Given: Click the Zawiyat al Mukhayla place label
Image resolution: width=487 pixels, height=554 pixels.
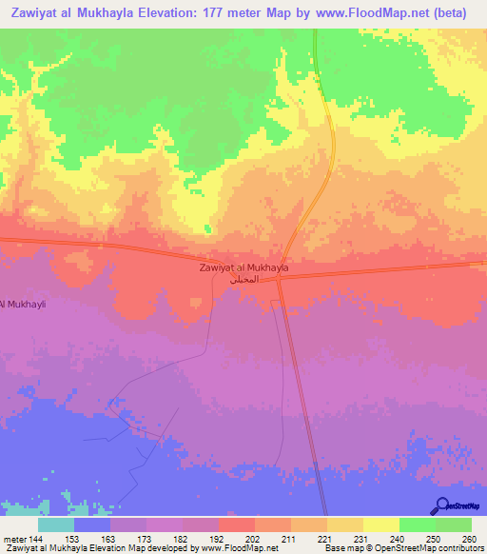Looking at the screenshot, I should pyautogui.click(x=244, y=268).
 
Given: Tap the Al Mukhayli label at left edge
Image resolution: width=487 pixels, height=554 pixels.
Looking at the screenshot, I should pyautogui.click(x=25, y=304).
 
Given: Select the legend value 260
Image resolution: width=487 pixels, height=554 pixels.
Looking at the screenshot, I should pyautogui.click(x=468, y=539).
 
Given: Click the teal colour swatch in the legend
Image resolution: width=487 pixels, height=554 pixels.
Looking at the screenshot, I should pyautogui.click(x=56, y=524).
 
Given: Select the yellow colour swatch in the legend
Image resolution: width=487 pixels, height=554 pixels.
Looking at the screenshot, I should pyautogui.click(x=380, y=524).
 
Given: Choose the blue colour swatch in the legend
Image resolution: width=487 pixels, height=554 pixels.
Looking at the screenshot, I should pyautogui.click(x=92, y=524).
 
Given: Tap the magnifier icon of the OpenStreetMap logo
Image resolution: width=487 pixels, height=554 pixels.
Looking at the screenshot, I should pyautogui.click(x=442, y=505).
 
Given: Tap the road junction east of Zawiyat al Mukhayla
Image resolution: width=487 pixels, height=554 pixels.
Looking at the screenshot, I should pyautogui.click(x=282, y=278).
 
